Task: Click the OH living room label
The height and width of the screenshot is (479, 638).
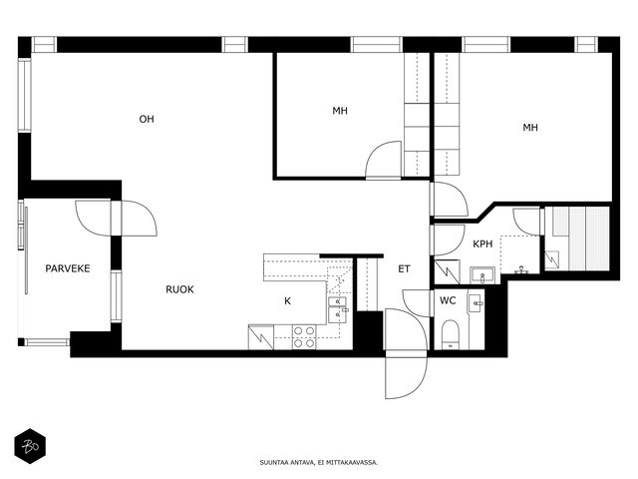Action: (147, 119)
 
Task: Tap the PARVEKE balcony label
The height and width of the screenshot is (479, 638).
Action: (68, 268)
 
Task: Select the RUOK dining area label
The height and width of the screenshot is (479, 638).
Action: (179, 289)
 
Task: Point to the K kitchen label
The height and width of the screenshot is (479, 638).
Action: (288, 301)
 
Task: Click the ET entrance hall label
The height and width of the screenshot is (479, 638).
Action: (404, 268)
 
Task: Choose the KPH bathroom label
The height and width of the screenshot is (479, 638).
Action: (482, 243)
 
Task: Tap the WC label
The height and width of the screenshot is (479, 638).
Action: (448, 300)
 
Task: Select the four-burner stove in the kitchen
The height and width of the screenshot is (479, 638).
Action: (304, 337)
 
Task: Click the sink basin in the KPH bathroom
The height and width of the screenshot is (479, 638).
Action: (482, 275)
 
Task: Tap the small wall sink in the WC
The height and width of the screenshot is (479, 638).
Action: (476, 303)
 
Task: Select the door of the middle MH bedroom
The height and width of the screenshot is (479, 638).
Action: (384, 160)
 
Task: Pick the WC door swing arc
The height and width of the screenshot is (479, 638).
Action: (416, 302)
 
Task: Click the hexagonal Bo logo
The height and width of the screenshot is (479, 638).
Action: (30, 446)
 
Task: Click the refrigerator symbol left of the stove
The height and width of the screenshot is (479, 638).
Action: (261, 337)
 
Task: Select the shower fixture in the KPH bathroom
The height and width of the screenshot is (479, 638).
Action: (521, 269)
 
